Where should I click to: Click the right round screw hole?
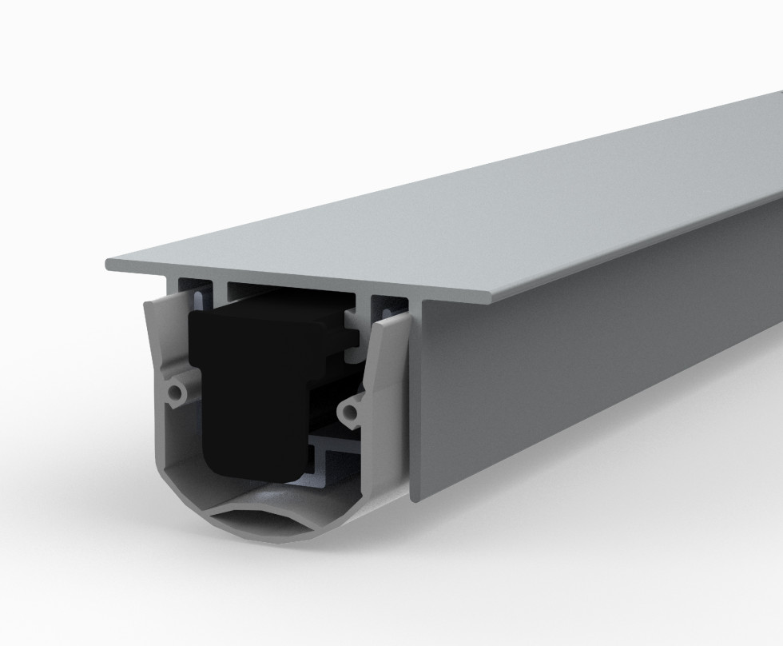348,413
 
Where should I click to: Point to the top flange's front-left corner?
108,264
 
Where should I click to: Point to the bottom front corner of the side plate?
414,497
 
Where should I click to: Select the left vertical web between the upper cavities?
220,289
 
